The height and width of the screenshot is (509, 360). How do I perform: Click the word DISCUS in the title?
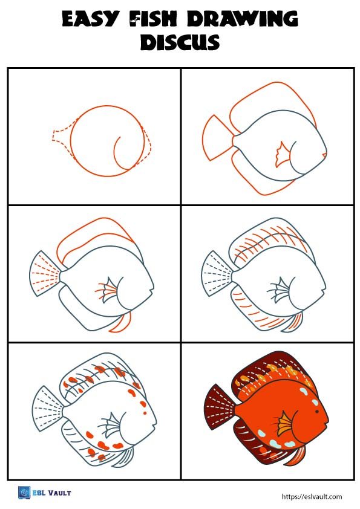180,43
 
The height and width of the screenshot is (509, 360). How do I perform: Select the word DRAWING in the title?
242,20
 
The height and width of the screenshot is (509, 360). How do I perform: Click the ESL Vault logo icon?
24,493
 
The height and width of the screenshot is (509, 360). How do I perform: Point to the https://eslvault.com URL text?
312,496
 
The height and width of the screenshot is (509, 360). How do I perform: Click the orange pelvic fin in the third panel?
122,323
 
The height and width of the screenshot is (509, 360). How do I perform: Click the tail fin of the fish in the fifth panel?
46,409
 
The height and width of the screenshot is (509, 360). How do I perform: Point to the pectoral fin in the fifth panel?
111,423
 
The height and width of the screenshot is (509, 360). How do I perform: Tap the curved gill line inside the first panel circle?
121,151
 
